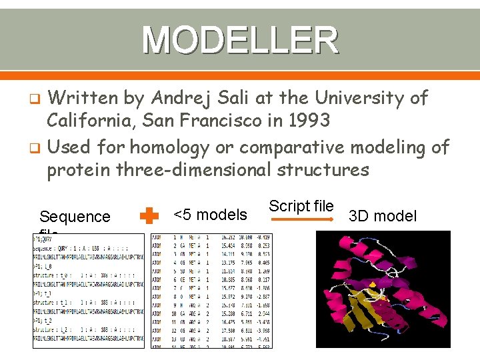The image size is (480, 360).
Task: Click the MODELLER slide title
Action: point(240,40)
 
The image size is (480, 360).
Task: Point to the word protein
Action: point(79,169)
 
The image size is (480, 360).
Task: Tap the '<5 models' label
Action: point(210,215)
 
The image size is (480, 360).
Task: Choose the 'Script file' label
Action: point(301,206)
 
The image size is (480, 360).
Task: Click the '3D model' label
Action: point(383,215)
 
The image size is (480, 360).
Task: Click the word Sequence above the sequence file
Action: point(75,217)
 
